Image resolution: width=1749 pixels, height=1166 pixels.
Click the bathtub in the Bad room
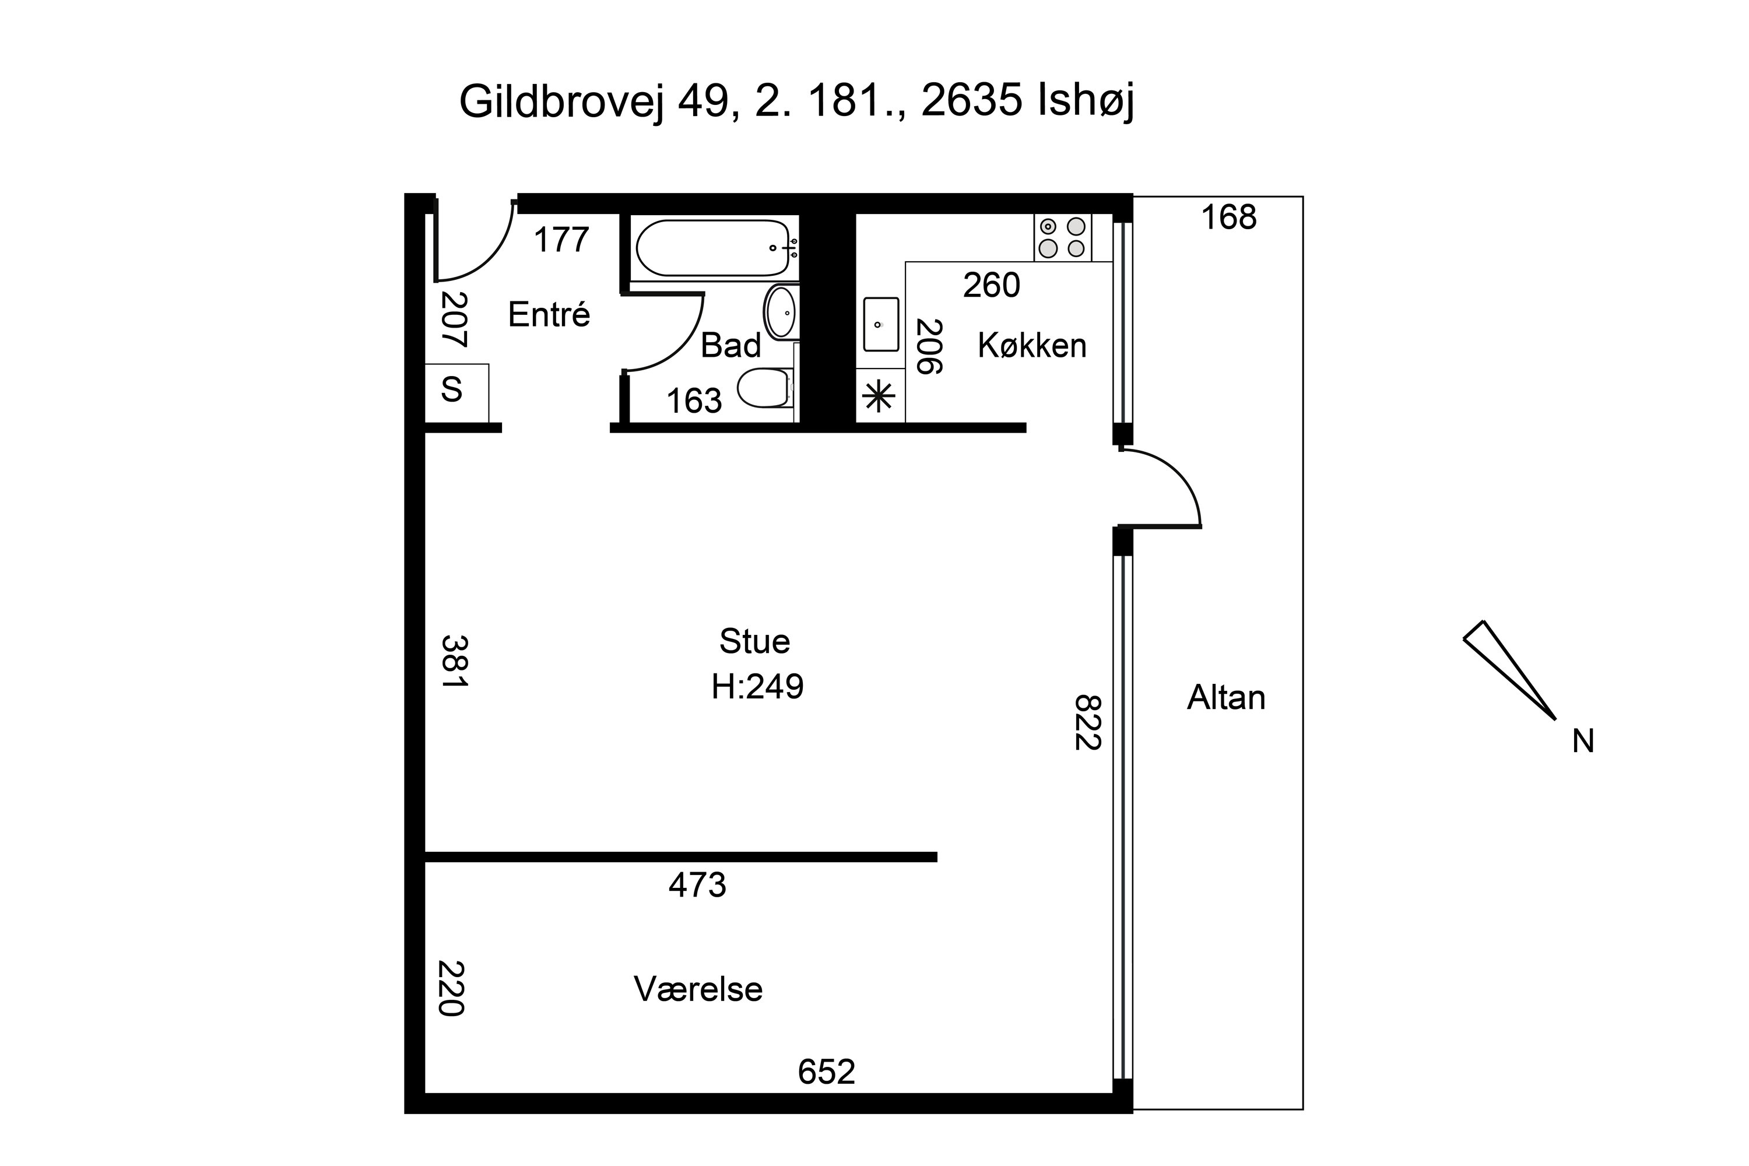(712, 248)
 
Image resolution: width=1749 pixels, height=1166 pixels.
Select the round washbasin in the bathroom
(781, 313)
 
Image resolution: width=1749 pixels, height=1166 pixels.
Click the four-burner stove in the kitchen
(1062, 237)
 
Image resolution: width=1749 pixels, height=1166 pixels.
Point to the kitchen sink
(880, 324)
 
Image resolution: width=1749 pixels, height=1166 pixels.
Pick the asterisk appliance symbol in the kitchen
(878, 396)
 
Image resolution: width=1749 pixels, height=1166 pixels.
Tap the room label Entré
(549, 315)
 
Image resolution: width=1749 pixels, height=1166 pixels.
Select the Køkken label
(1031, 346)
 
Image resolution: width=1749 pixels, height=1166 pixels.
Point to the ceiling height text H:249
(757, 686)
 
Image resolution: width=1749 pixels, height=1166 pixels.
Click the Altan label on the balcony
(1225, 697)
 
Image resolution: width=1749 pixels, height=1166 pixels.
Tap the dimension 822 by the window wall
(1087, 723)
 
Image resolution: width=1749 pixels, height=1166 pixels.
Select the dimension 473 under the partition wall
(697, 885)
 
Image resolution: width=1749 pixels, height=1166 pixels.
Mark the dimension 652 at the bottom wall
(826, 1072)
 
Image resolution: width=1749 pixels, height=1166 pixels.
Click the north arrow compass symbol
(1509, 669)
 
